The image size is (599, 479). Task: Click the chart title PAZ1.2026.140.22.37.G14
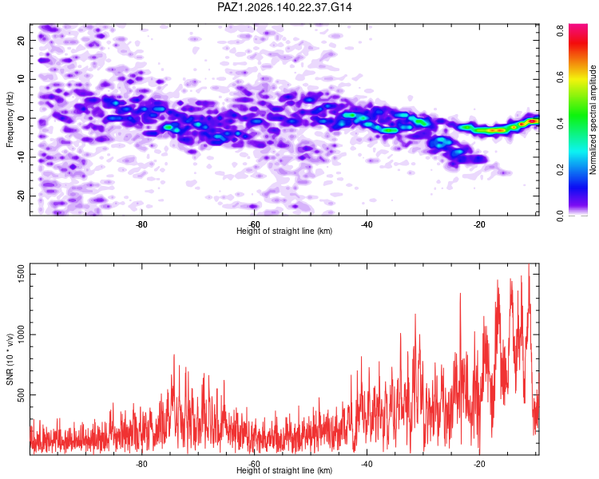(284, 7)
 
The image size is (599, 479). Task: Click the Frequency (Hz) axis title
(10, 120)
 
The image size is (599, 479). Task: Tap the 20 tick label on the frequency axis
(21, 40)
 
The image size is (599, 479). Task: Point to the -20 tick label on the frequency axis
(21, 196)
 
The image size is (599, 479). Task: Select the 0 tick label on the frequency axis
(21, 118)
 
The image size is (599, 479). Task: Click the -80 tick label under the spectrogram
(141, 224)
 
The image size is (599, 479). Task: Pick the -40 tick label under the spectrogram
(367, 224)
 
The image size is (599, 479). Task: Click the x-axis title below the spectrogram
(284, 231)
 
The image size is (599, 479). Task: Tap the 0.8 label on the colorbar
(561, 30)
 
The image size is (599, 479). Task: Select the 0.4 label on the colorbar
(561, 123)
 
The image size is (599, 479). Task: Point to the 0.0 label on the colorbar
(561, 216)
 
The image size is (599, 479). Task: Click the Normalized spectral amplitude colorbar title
(593, 120)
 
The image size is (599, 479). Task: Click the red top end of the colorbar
(578, 26)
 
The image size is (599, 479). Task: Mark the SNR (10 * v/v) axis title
(10, 359)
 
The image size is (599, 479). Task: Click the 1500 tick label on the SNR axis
(21, 275)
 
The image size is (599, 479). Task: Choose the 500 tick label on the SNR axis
(21, 395)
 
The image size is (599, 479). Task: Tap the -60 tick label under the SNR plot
(254, 464)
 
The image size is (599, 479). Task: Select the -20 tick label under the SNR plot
(479, 464)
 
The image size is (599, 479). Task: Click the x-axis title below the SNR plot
(284, 470)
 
